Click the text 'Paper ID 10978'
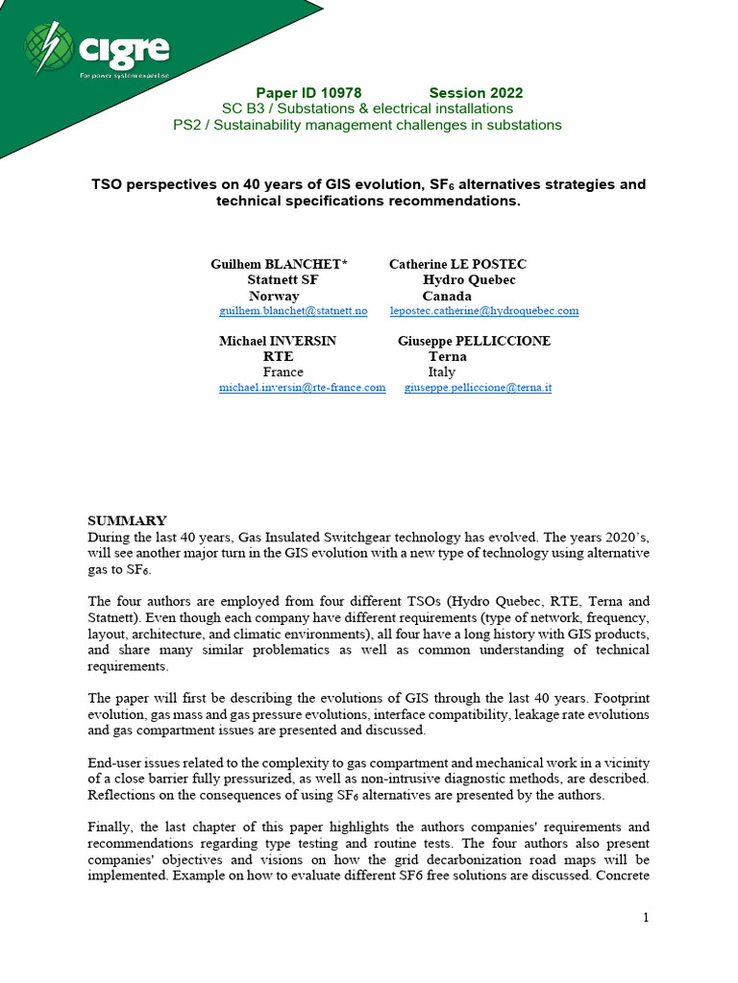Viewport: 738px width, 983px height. pyautogui.click(x=308, y=93)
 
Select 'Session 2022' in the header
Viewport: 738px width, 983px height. pyautogui.click(x=476, y=93)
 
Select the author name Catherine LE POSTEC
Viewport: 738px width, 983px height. pyautogui.click(x=457, y=264)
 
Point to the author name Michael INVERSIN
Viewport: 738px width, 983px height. pyautogui.click(x=278, y=341)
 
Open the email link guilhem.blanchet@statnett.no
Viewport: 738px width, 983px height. pyautogui.click(x=293, y=311)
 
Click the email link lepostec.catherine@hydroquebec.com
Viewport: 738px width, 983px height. pyautogui.click(x=484, y=311)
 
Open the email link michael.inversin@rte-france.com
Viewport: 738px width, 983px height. pyautogui.click(x=302, y=388)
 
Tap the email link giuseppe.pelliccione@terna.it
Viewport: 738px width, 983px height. pyautogui.click(x=478, y=388)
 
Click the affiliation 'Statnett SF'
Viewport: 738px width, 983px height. pyautogui.click(x=283, y=279)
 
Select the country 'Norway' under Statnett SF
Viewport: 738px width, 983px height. pyautogui.click(x=274, y=296)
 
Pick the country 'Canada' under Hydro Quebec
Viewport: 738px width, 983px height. pyautogui.click(x=447, y=296)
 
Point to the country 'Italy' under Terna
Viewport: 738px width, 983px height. pyautogui.click(x=442, y=372)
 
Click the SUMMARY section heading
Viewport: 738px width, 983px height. pyautogui.click(x=127, y=520)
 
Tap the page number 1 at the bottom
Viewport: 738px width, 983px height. pyautogui.click(x=646, y=918)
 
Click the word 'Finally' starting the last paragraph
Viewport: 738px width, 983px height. pyautogui.click(x=111, y=827)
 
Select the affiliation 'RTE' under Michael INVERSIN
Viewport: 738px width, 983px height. pyautogui.click(x=278, y=356)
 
